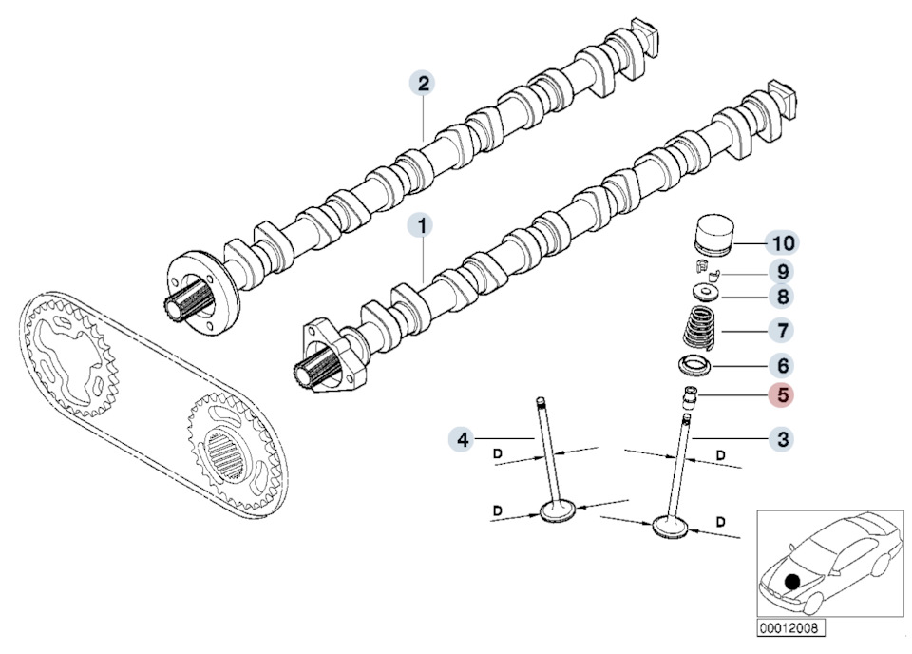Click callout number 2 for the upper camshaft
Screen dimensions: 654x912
(x=423, y=84)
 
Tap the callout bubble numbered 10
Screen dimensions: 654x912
(x=785, y=242)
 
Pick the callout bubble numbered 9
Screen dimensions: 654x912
(x=785, y=271)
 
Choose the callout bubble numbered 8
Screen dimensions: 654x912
(x=785, y=298)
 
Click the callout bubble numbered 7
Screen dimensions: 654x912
(x=785, y=331)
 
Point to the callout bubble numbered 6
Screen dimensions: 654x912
(x=785, y=364)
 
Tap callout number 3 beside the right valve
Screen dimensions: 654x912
(x=783, y=438)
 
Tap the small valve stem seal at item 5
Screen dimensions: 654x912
(x=689, y=395)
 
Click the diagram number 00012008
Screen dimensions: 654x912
(x=790, y=628)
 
